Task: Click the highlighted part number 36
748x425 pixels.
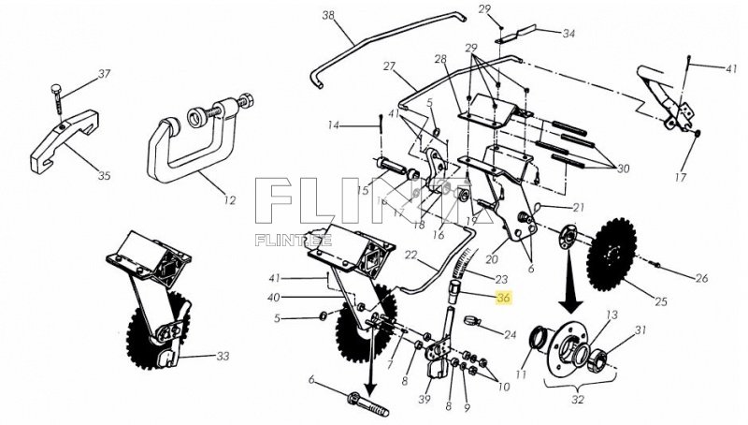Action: (504, 300)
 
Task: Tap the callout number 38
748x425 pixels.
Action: (328, 15)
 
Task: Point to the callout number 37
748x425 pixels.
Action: (105, 73)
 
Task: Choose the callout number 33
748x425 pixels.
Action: (223, 357)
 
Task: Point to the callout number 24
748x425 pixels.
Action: (510, 334)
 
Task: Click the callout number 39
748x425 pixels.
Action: (425, 399)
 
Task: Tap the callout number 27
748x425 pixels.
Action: (390, 66)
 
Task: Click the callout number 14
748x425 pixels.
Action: (333, 125)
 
